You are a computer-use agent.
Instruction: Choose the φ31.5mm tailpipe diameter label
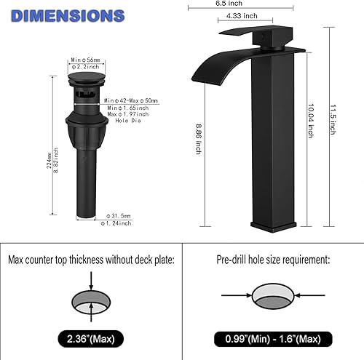(x=121, y=215)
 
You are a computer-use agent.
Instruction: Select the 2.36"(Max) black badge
(x=90, y=338)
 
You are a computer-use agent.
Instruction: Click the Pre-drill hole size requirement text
(x=273, y=259)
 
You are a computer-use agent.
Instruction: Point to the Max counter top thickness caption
(x=90, y=259)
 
